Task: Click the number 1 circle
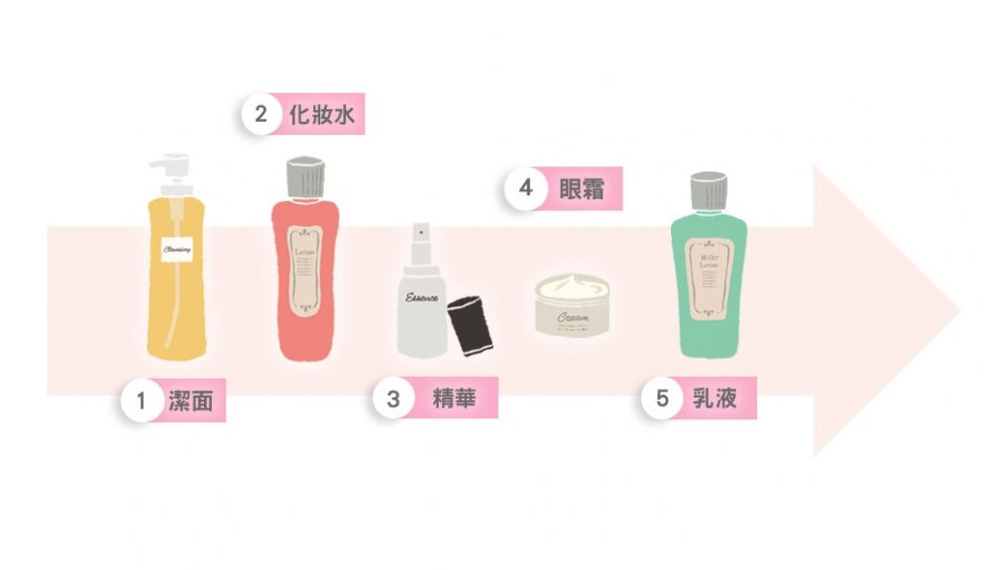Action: (x=142, y=401)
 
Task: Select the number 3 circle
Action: (x=393, y=399)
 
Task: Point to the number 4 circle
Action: (x=525, y=188)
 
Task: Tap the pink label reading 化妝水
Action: (x=320, y=115)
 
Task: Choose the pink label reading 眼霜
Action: (x=582, y=188)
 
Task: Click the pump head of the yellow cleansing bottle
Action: (x=169, y=169)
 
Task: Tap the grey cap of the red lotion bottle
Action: (x=305, y=177)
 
